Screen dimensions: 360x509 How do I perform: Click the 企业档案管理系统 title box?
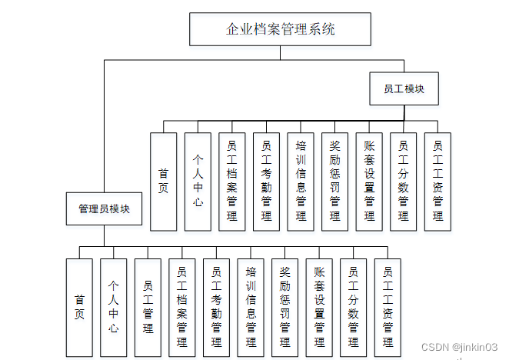click(x=280, y=30)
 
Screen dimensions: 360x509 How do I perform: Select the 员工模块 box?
click(x=404, y=88)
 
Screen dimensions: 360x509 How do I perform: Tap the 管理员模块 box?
click(x=104, y=208)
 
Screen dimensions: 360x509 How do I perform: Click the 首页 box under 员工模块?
click(x=163, y=182)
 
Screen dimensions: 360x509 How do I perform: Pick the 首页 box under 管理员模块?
click(x=79, y=307)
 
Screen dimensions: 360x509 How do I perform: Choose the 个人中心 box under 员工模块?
click(x=198, y=182)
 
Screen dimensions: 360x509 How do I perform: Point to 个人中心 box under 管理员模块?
click(x=114, y=307)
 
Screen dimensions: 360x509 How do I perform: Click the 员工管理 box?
click(x=148, y=307)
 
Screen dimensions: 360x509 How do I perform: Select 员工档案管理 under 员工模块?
click(x=231, y=182)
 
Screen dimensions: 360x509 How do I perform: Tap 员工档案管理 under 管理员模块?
click(x=182, y=307)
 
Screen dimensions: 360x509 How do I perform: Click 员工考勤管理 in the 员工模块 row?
click(x=266, y=182)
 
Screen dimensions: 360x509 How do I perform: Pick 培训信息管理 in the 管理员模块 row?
click(x=251, y=307)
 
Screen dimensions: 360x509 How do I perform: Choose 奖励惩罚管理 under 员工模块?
click(x=334, y=182)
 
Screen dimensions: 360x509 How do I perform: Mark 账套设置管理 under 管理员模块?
click(x=319, y=307)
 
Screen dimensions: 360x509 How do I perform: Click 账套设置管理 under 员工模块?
click(x=369, y=182)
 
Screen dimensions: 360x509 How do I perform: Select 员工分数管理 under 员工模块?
click(x=403, y=182)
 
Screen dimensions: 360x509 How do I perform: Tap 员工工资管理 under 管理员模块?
click(x=388, y=307)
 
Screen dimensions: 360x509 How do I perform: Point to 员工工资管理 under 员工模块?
click(x=437, y=182)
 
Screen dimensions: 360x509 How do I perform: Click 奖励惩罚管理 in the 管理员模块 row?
click(x=285, y=307)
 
